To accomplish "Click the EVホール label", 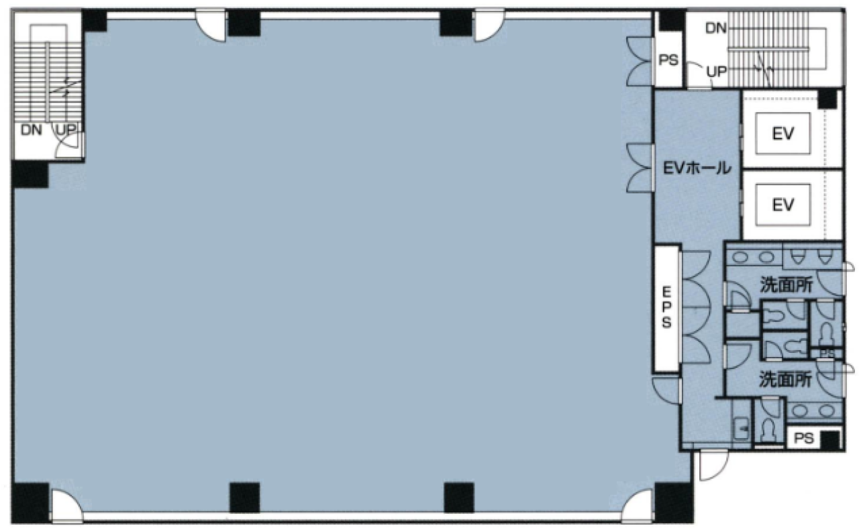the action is click(x=697, y=168).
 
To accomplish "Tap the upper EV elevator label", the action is click(x=783, y=134).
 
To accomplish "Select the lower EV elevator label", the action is click(x=783, y=205).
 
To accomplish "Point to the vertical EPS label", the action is click(x=666, y=307).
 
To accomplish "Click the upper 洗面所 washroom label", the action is click(x=787, y=284).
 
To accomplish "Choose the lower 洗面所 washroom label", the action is click(x=786, y=379).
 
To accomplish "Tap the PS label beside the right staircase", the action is click(x=668, y=60).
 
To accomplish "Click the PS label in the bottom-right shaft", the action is click(x=804, y=438).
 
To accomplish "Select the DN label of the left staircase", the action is click(x=32, y=130).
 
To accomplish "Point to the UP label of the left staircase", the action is click(x=66, y=129).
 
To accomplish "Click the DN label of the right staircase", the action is click(x=716, y=28).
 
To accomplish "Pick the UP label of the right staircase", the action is click(x=716, y=71).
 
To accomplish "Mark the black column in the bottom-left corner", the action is click(x=31, y=502).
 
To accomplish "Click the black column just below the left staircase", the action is click(x=30, y=174).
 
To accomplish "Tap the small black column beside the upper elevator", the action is click(x=827, y=99).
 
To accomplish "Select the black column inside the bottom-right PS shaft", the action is click(x=830, y=440).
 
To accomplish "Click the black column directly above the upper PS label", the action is click(x=672, y=20).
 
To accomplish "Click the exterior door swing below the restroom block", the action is click(x=713, y=466).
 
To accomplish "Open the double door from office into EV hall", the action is click(x=640, y=168).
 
